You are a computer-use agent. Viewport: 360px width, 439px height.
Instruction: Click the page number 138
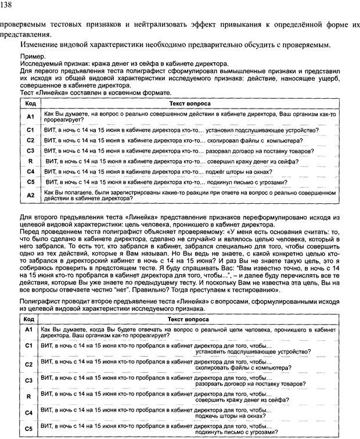click(x=9, y=5)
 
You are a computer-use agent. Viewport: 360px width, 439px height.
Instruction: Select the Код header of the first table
click(x=29, y=103)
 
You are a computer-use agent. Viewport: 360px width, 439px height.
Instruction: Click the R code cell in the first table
click(x=30, y=161)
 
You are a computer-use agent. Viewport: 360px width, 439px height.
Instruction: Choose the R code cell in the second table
click(x=28, y=397)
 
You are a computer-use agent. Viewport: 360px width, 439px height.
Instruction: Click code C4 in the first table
click(x=31, y=171)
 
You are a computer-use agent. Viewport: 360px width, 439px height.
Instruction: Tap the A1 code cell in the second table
click(x=28, y=329)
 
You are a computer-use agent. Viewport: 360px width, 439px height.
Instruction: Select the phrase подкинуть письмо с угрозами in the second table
click(x=236, y=433)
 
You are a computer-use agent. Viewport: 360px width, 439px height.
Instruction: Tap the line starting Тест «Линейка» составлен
click(x=96, y=92)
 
